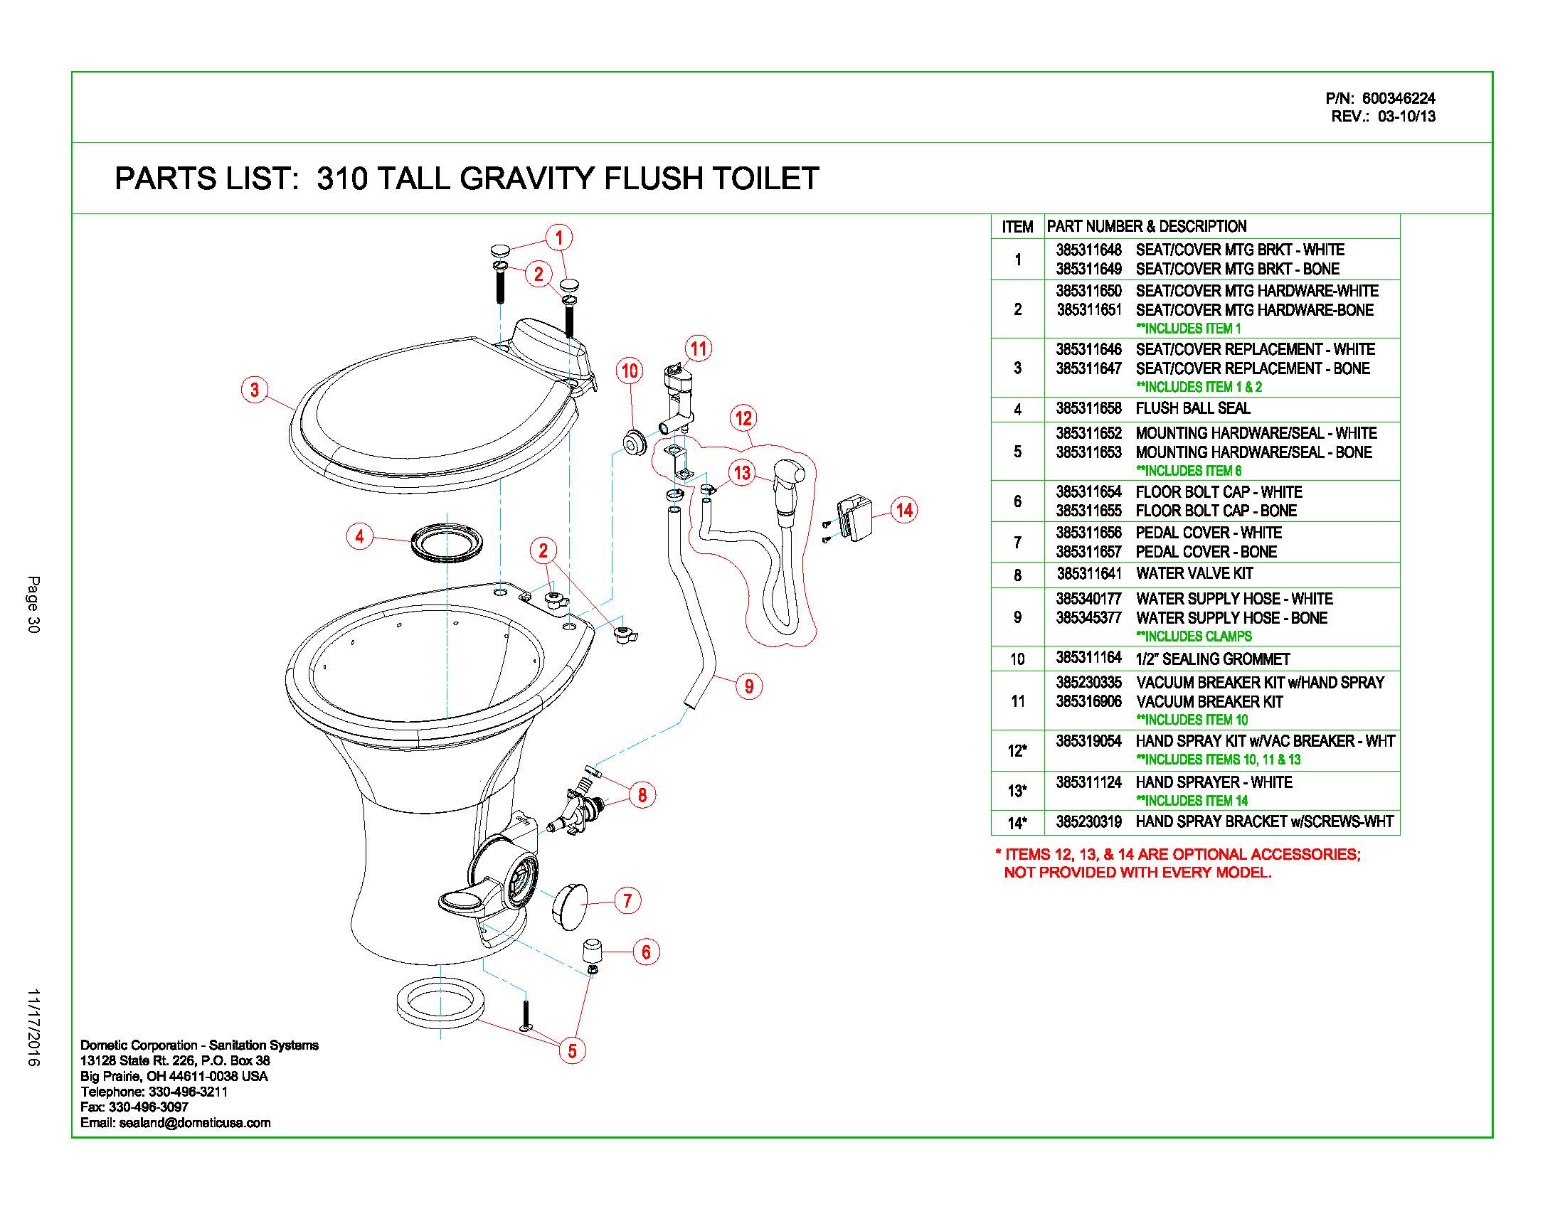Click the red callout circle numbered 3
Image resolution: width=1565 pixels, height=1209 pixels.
tap(255, 390)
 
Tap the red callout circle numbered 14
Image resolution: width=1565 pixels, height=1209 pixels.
tap(904, 510)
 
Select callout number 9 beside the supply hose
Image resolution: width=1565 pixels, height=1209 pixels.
tap(749, 686)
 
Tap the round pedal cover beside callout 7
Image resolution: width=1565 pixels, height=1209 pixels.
tap(571, 906)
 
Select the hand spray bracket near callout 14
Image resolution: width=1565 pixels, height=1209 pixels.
tap(856, 517)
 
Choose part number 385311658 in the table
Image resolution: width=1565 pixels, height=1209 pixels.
tap(1088, 409)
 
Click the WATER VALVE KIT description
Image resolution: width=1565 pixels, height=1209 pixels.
tap(1194, 574)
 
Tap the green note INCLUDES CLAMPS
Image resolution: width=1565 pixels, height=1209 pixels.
tap(1194, 637)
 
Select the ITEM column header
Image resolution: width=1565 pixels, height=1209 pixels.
tap(1017, 227)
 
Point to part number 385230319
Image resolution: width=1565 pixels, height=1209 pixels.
tap(1088, 822)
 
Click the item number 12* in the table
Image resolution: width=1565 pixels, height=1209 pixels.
tap(1017, 750)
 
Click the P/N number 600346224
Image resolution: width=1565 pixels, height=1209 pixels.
tap(1399, 99)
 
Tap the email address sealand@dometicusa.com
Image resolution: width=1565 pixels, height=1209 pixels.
tap(195, 1123)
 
